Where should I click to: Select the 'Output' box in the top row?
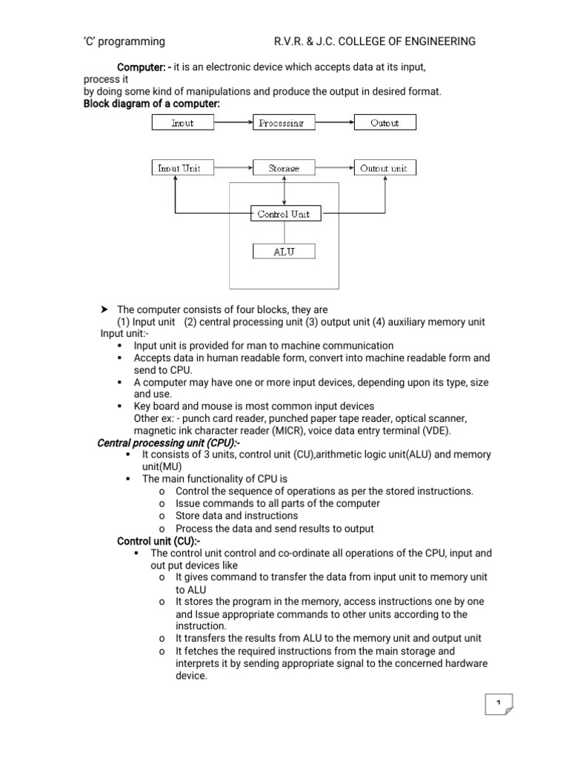click(x=385, y=123)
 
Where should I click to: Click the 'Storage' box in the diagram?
click(x=284, y=168)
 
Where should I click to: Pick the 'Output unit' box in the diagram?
click(x=385, y=168)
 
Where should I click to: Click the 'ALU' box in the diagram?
click(x=284, y=252)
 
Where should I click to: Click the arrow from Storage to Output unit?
click(x=334, y=168)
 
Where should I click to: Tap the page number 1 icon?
click(x=499, y=703)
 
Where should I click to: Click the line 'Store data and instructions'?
click(x=237, y=516)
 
